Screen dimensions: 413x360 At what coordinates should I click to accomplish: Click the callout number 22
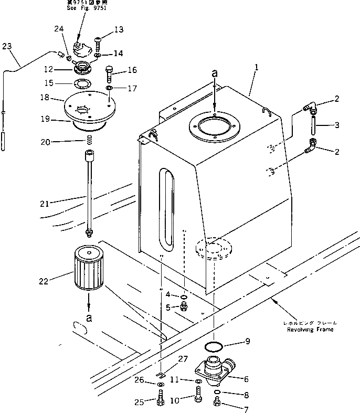(x=43, y=281)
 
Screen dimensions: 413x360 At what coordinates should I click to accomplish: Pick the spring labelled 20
(x=89, y=140)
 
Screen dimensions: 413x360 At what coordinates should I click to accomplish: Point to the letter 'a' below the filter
(x=89, y=319)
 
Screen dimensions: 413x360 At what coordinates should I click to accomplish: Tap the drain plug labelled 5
(x=184, y=307)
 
